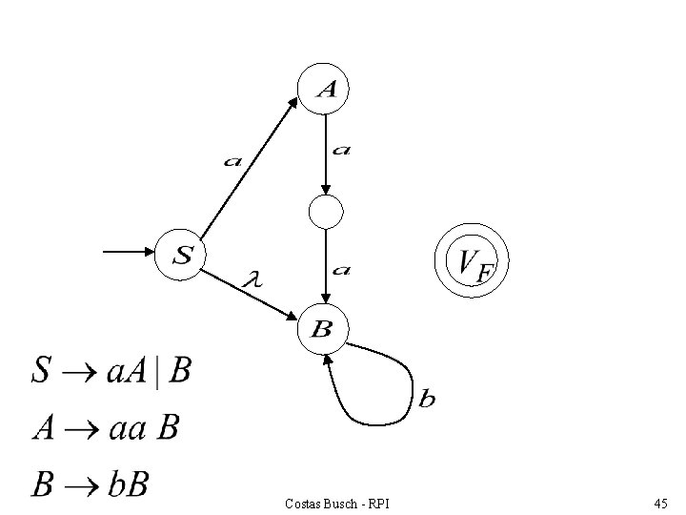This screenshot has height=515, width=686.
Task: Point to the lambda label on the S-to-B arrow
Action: [x=252, y=278]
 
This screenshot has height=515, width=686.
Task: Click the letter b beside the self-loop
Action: [x=427, y=398]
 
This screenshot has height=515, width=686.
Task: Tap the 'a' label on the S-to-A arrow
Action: [x=232, y=162]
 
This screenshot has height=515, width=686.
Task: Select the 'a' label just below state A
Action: [x=341, y=151]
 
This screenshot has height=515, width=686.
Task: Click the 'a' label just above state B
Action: [x=341, y=270]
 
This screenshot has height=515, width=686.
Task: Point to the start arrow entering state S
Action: [x=129, y=252]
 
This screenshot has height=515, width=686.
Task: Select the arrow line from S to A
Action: [x=249, y=168]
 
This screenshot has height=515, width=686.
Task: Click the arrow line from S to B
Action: [x=249, y=295]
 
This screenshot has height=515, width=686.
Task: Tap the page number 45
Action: [x=660, y=504]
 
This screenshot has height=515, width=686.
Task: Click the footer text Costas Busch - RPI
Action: [x=337, y=505]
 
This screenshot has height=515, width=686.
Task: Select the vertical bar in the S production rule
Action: [x=157, y=373]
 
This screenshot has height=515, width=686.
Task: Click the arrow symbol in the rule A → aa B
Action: [x=81, y=429]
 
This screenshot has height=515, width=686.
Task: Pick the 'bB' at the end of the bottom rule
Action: [x=129, y=484]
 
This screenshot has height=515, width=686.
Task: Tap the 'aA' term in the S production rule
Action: [x=127, y=371]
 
